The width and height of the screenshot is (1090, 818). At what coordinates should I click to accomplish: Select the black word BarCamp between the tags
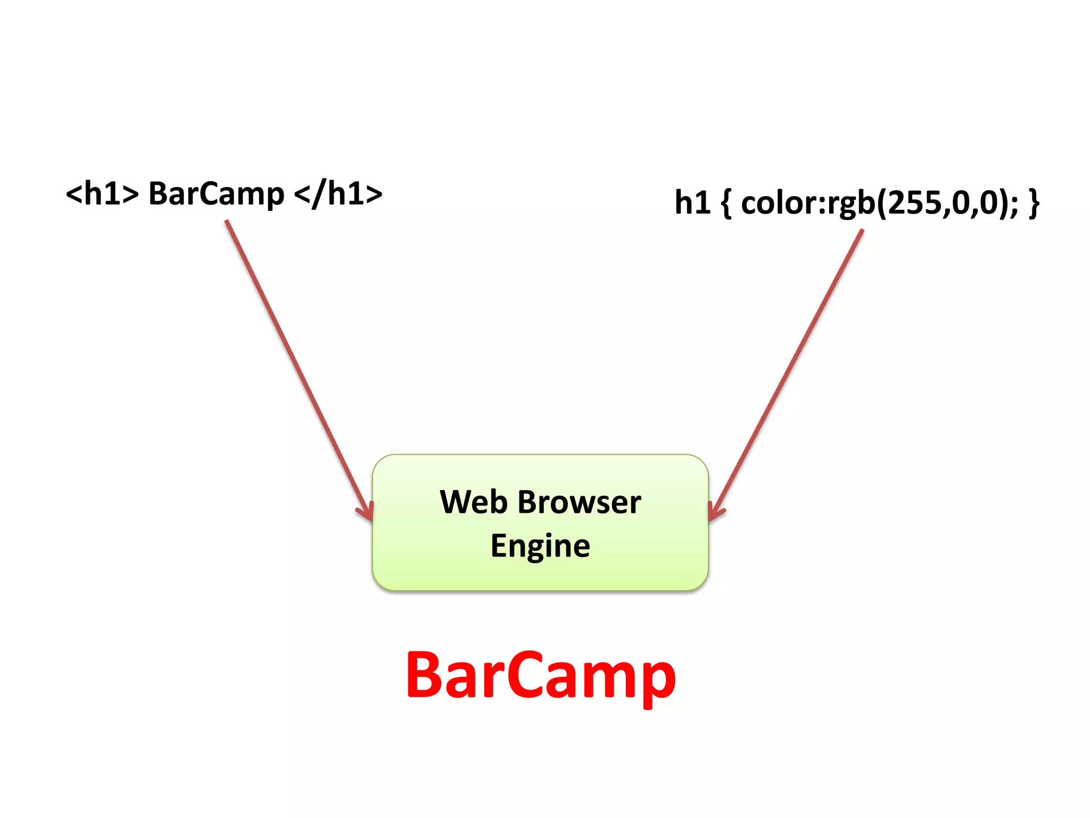pos(216,194)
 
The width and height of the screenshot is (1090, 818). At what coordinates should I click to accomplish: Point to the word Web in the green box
pos(473,502)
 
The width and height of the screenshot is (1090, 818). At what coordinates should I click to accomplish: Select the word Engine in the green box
pos(540,546)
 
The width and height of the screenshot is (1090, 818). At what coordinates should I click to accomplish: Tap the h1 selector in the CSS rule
pos(692,202)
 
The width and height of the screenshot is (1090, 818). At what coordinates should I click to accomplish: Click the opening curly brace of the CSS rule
pos(726,203)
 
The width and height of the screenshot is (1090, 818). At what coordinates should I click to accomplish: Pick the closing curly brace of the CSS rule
pos(1034,203)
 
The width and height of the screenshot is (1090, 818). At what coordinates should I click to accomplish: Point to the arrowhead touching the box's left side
pos(367,513)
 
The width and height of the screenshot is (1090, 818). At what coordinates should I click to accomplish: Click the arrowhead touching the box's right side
pos(715,512)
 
